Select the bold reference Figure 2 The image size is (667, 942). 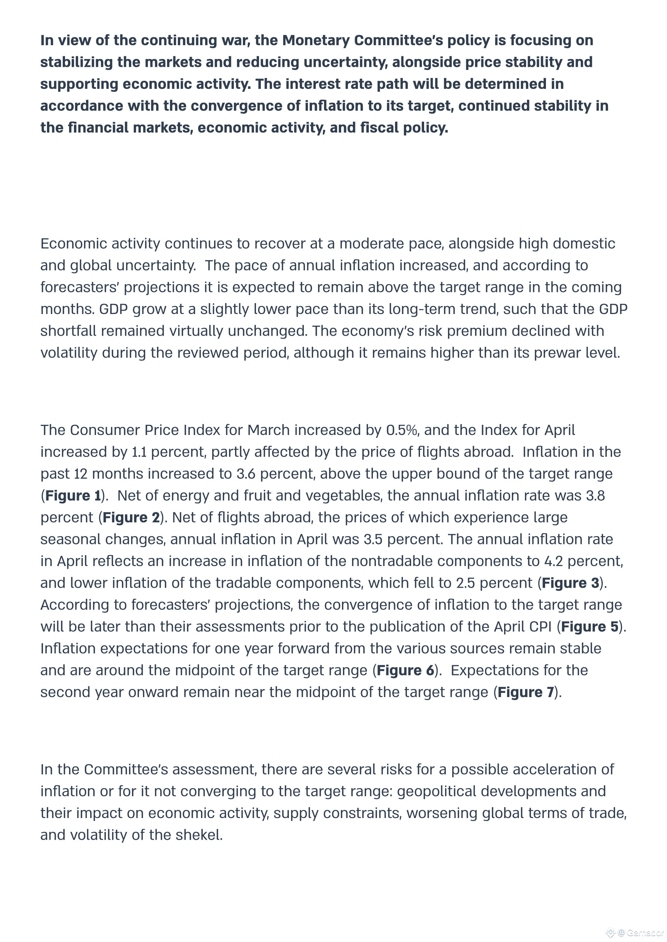pos(131,517)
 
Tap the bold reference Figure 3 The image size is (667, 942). pos(570,583)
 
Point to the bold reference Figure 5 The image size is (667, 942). pos(589,627)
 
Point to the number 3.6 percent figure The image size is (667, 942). pos(246,474)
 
